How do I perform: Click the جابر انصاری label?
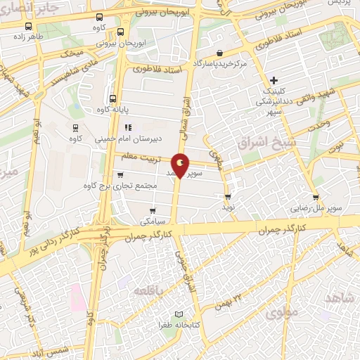point(21,8)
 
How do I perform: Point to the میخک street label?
point(72,53)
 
